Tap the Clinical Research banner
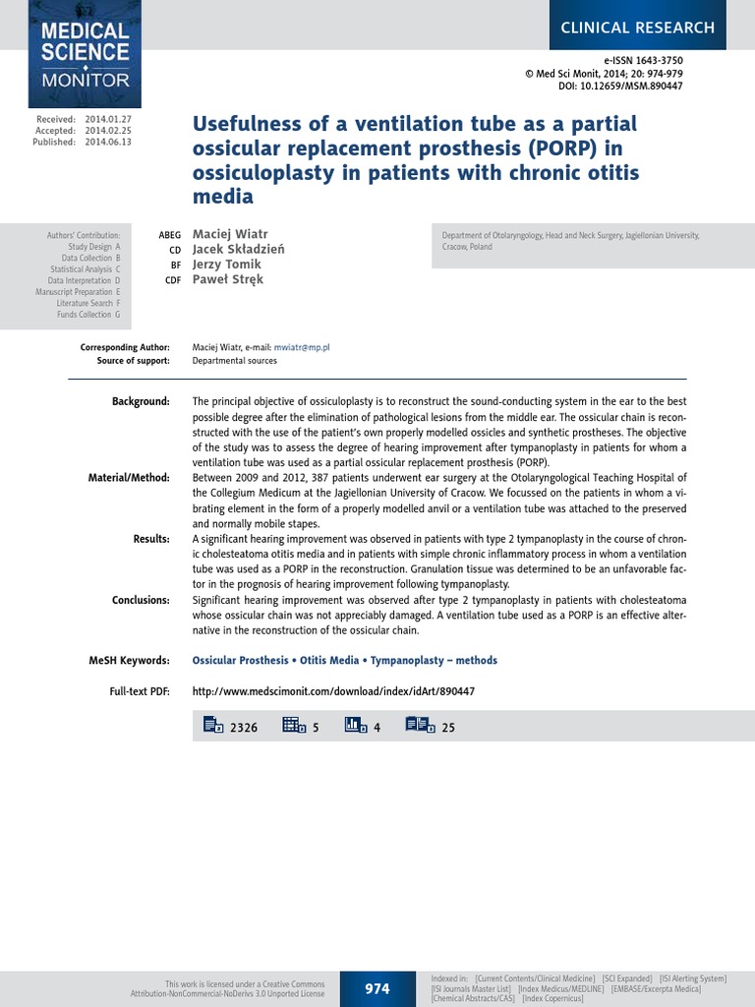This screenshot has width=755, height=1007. click(637, 28)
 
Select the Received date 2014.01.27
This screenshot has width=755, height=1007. click(108, 118)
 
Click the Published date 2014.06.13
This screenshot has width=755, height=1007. click(108, 142)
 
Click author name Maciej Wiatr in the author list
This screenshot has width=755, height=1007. click(229, 235)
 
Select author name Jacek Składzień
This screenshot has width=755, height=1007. click(239, 250)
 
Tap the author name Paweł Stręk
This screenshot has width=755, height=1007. click(228, 279)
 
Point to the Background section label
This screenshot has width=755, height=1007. click(142, 401)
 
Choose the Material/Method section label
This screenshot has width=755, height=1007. click(129, 477)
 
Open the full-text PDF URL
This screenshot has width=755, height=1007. click(333, 691)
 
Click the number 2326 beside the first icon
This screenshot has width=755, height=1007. click(243, 728)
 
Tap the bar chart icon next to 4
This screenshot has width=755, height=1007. click(355, 726)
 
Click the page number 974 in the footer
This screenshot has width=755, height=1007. click(377, 988)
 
